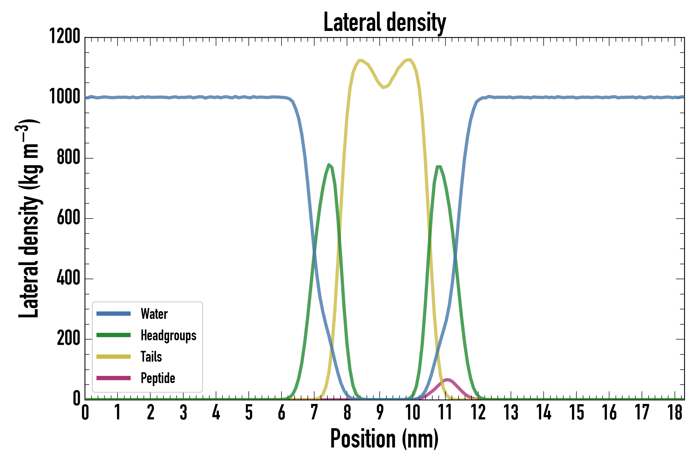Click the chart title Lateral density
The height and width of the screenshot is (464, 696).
click(385, 22)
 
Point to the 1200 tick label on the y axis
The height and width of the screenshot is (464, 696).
click(64, 36)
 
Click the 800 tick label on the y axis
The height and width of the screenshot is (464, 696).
click(68, 158)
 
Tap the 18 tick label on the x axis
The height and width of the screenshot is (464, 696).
click(675, 412)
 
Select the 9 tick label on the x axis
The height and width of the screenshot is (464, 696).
click(380, 412)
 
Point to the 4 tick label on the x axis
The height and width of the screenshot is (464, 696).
click(216, 412)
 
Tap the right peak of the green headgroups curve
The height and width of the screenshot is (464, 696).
click(439, 167)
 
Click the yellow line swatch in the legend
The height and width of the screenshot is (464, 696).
click(113, 357)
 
